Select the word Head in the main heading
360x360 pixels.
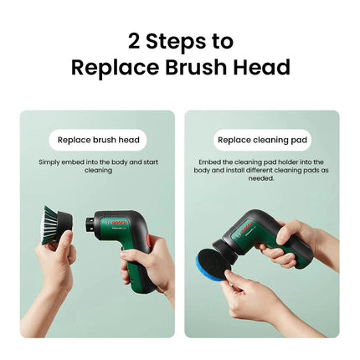coord(260,68)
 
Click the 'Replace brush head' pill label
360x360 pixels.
coord(98,140)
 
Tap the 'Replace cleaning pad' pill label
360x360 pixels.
coord(261,140)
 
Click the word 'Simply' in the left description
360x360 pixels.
coord(49,162)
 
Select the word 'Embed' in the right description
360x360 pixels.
coord(208,162)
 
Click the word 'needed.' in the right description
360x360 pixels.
coord(261,177)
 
